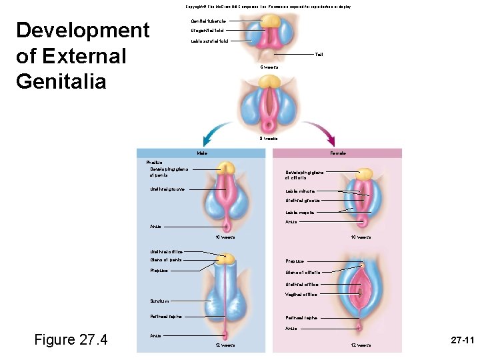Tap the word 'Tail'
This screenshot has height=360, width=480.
tap(319, 55)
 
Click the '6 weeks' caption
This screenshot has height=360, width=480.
tap(269, 68)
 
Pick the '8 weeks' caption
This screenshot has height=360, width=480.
tap(269, 139)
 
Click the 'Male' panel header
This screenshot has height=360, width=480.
tap(202, 153)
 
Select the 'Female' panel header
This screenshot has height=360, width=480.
tap(338, 153)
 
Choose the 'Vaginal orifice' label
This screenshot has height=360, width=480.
tap(301, 295)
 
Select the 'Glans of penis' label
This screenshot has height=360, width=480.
tap(166, 260)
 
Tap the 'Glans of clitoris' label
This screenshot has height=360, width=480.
tap(303, 273)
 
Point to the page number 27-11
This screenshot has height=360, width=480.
tap(462, 340)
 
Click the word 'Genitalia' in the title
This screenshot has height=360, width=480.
tap(61, 81)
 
